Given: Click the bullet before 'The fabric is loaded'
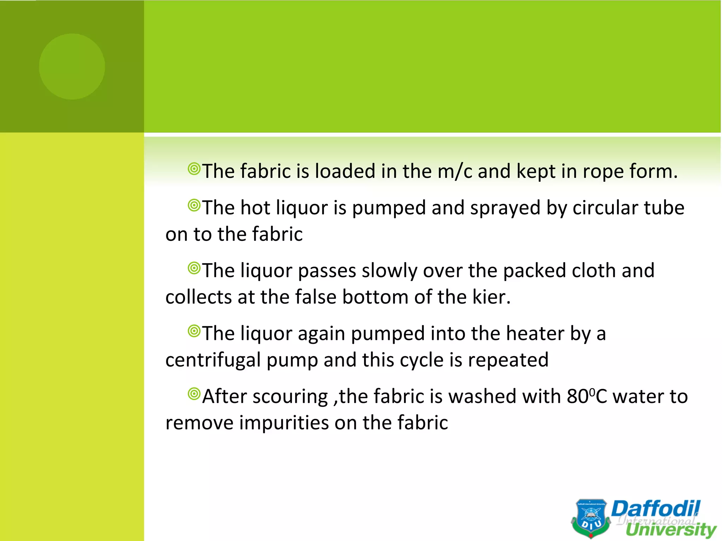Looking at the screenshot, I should point(194,169).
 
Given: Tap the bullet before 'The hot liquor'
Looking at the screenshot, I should point(194,205).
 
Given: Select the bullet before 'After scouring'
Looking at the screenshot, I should point(194,394).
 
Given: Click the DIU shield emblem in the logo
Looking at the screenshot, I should point(591,518).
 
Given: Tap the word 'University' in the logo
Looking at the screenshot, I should point(671,530).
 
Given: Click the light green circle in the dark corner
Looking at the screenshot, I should point(72,67).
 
